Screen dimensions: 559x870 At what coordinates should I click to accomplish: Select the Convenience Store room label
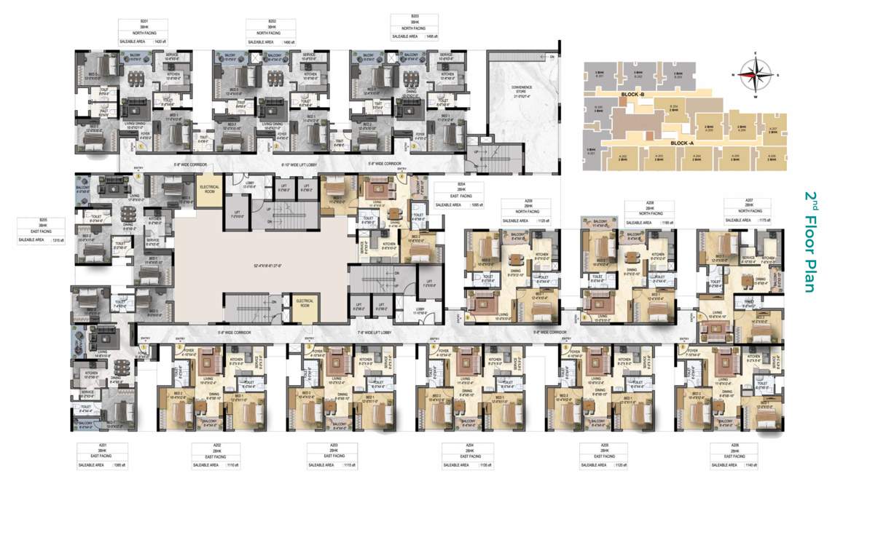(x=522, y=90)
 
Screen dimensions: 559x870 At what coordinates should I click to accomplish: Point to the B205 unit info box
(x=42, y=229)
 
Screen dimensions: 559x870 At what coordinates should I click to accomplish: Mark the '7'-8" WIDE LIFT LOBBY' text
(x=375, y=332)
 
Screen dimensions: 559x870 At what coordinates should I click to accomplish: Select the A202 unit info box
(x=216, y=454)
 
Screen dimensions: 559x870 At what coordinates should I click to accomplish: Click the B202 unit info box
(x=272, y=33)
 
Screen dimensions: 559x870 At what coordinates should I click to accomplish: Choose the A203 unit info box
(x=332, y=454)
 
